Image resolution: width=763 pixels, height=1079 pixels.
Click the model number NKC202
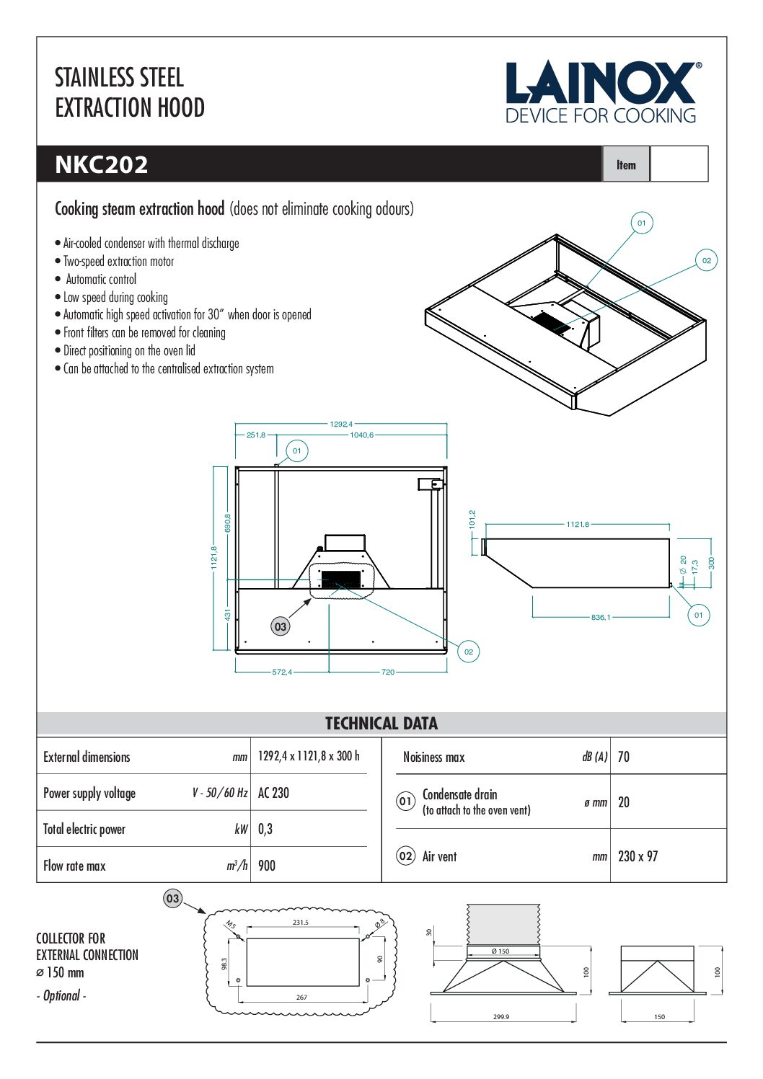point(102,164)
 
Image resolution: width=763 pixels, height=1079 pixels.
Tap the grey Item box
point(626,164)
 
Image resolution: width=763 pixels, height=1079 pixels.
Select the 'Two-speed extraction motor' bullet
point(118,261)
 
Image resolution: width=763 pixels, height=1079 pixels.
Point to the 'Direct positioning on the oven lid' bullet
point(129,351)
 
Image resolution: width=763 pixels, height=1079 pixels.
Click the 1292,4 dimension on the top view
point(341,424)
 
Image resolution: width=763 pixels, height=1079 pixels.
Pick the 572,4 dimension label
point(282,672)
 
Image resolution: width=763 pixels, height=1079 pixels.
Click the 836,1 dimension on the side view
point(600,617)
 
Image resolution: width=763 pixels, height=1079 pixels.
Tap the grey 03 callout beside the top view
point(281,626)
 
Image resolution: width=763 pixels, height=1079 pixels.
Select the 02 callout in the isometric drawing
point(707,260)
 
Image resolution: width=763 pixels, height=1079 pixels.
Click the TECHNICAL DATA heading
point(381,723)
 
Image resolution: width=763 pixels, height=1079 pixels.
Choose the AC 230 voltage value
point(273,793)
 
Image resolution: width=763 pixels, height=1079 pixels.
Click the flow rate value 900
point(267,866)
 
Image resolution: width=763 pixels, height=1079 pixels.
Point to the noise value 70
point(624,757)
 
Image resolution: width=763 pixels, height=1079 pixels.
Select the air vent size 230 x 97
point(638,856)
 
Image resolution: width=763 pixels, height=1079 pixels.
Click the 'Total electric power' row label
point(84,829)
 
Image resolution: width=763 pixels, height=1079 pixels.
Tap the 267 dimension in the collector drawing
point(301,998)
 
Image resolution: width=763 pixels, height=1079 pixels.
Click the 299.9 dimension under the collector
point(501,1017)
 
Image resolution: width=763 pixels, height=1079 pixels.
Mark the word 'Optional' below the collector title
point(62,995)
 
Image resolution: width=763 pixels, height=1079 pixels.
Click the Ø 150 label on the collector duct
point(500,951)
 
